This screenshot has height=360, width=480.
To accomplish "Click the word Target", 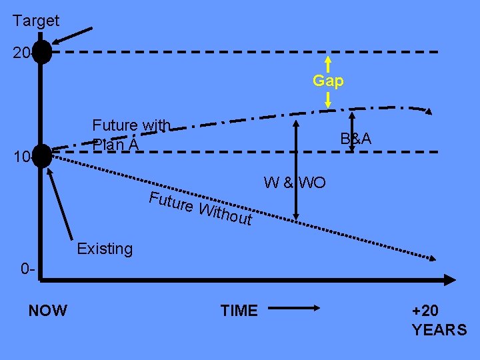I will tap(36, 21).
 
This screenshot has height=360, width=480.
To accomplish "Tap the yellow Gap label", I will tap(328, 81).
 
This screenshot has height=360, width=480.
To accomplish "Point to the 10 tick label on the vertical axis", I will tap(20, 157).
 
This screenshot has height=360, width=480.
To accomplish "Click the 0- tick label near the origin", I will tap(27, 270).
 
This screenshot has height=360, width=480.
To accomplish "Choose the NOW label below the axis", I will tap(47, 310).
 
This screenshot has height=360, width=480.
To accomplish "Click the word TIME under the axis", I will tap(239, 310).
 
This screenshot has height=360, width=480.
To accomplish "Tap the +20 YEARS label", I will tap(439, 320).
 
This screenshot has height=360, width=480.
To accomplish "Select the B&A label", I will tap(355, 139).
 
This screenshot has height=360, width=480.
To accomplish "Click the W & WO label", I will tap(295, 182).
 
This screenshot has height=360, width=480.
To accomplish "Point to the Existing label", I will tap(105, 249).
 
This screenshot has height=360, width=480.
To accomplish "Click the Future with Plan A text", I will tap(131, 134).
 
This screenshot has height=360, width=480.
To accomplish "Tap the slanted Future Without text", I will tap(200, 207).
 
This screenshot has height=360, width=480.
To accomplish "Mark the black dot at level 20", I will tap(41, 52).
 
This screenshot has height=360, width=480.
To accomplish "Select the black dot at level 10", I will tap(41, 155).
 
